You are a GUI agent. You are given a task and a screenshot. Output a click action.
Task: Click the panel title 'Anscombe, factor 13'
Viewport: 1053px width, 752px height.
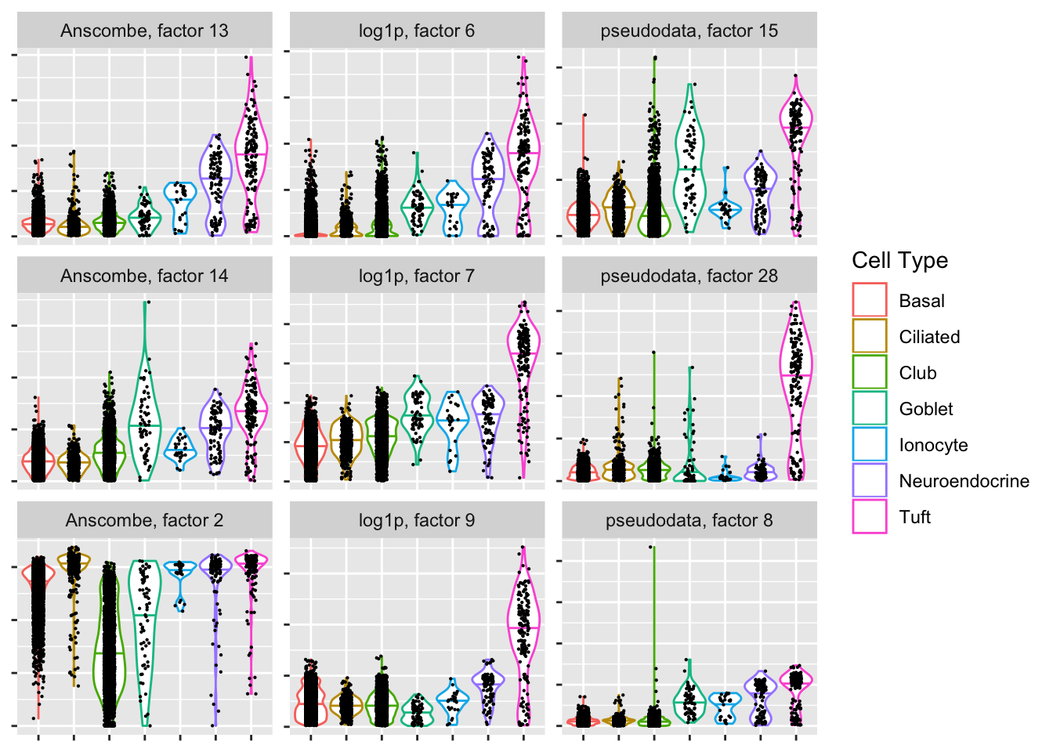(x=144, y=31)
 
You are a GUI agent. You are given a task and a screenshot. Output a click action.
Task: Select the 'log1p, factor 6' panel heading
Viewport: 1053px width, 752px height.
(x=417, y=31)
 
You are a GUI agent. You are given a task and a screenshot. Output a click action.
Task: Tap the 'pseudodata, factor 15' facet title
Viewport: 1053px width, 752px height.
(x=689, y=31)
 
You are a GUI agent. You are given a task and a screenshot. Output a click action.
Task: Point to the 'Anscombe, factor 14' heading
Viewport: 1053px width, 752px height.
(x=144, y=276)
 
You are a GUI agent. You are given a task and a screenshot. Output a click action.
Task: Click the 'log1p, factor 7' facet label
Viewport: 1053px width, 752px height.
(x=417, y=276)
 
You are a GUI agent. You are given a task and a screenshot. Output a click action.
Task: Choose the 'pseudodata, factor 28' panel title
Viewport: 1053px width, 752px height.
(x=689, y=276)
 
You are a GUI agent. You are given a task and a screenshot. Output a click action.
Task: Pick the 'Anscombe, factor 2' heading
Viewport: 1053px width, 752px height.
(x=144, y=521)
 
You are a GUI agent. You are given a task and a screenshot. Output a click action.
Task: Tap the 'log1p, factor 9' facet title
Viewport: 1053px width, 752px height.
(x=417, y=521)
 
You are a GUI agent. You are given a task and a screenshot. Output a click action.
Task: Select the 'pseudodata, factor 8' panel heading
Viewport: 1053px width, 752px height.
(x=689, y=521)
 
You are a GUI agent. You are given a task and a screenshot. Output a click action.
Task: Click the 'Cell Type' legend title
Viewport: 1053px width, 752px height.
(x=899, y=261)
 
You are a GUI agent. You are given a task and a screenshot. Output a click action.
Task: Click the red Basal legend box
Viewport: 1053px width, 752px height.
(x=870, y=300)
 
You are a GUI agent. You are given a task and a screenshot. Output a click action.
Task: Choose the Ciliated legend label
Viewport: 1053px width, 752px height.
(x=929, y=337)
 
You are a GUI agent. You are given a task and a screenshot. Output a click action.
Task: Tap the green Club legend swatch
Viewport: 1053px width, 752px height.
(x=870, y=372)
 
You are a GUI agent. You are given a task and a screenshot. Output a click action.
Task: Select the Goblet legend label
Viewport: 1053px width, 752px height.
(x=926, y=409)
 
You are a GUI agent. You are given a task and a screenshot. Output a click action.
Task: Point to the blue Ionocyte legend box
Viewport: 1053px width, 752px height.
(x=870, y=444)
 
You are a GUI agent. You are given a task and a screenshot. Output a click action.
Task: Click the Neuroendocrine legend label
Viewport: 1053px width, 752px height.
(x=964, y=481)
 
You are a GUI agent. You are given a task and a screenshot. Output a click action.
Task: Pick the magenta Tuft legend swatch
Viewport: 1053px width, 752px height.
(x=870, y=516)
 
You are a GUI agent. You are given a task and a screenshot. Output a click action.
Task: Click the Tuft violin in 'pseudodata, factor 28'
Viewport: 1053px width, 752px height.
(x=796, y=376)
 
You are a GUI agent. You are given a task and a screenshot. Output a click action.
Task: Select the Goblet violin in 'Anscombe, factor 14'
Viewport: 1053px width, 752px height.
(x=145, y=423)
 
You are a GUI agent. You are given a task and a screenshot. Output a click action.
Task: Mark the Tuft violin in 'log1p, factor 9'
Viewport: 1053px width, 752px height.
(x=523, y=627)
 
